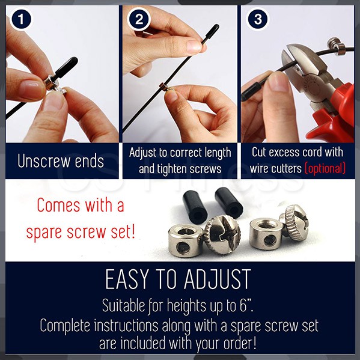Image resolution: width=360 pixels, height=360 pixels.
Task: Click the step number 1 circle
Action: [x=21, y=19]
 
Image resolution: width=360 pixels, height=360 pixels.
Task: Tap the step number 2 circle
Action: [x=139, y=19]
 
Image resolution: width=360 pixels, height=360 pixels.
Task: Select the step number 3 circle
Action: [x=258, y=19]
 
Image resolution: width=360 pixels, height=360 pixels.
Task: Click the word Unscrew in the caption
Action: [x=44, y=160]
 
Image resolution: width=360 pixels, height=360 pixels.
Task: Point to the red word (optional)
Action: [x=325, y=168]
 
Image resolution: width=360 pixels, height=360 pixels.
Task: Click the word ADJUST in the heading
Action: [x=217, y=279]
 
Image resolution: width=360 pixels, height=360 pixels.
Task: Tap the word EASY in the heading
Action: [x=127, y=279]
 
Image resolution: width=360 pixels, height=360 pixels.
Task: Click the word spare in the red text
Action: [x=44, y=233]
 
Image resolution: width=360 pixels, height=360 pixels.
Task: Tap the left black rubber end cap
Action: [x=195, y=208]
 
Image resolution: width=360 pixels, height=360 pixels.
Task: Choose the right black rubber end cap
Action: [x=228, y=203]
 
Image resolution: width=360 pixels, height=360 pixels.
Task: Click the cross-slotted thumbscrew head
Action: [x=222, y=234]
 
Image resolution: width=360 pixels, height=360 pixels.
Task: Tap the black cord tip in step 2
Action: [x=212, y=32]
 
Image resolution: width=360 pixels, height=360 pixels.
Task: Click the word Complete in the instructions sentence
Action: [x=65, y=326]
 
